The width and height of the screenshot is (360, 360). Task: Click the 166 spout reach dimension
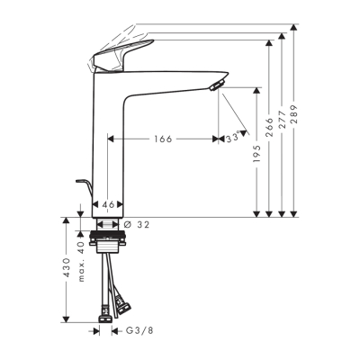click(163, 139)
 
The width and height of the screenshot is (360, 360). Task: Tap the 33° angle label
click(232, 139)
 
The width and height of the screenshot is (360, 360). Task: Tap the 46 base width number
click(108, 206)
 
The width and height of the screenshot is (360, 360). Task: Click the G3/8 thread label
click(134, 331)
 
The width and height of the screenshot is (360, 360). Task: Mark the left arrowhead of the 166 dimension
click(112, 139)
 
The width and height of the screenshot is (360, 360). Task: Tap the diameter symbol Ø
click(128, 225)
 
